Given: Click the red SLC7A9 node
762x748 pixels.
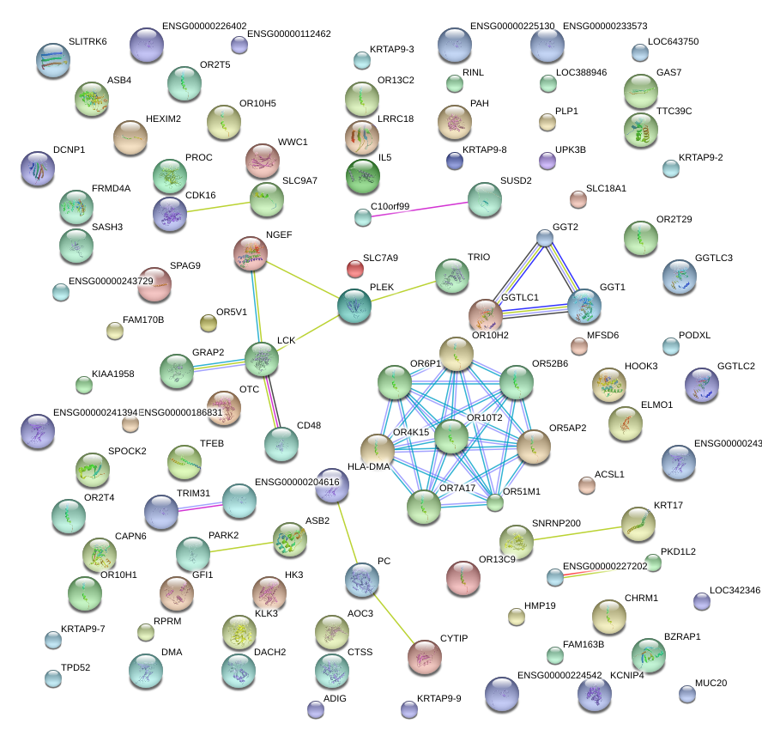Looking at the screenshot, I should [354, 269].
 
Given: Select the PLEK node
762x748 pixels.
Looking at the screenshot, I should [354, 307].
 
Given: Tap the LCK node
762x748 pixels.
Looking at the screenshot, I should [262, 359].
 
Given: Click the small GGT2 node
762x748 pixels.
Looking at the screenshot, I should [544, 237].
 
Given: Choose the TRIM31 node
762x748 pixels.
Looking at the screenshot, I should [161, 512].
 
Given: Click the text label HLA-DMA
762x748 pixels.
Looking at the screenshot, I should [368, 466].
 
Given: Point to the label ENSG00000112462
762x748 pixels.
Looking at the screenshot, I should [288, 34].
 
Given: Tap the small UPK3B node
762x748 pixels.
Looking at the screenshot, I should [547, 161].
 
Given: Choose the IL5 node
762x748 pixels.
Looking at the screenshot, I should [362, 177].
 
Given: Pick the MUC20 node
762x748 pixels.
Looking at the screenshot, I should [686, 693].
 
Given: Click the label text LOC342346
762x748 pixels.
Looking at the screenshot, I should [735, 590].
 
